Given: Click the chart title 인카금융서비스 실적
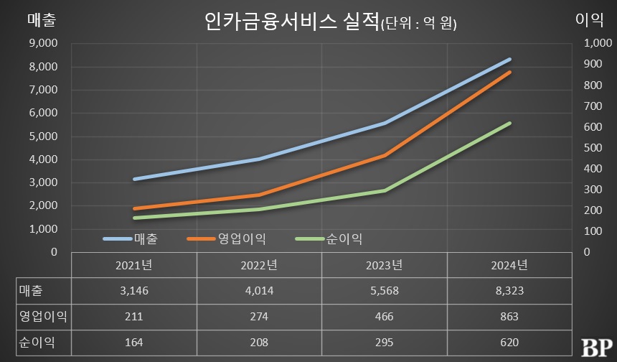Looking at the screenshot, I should coord(291,21).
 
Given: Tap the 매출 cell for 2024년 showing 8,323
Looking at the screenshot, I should coord(509,290).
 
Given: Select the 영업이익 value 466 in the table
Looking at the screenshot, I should coord(385,316).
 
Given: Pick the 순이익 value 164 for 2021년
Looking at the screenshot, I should coord(133,342).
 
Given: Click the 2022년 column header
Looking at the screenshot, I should coord(259,265).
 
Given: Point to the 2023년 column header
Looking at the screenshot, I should coord(385,265).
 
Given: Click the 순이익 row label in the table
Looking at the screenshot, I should coord(36,342).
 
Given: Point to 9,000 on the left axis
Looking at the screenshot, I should coord(44,43).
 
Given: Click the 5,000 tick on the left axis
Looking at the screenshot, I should coord(44,136).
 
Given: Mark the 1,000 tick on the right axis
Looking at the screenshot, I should coord(598,43).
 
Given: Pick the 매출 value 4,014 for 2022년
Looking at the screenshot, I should coord(259,290).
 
